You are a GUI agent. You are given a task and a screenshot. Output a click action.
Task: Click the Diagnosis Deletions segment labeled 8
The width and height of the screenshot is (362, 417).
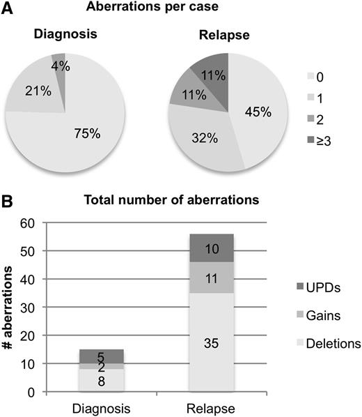coord(103,381)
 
